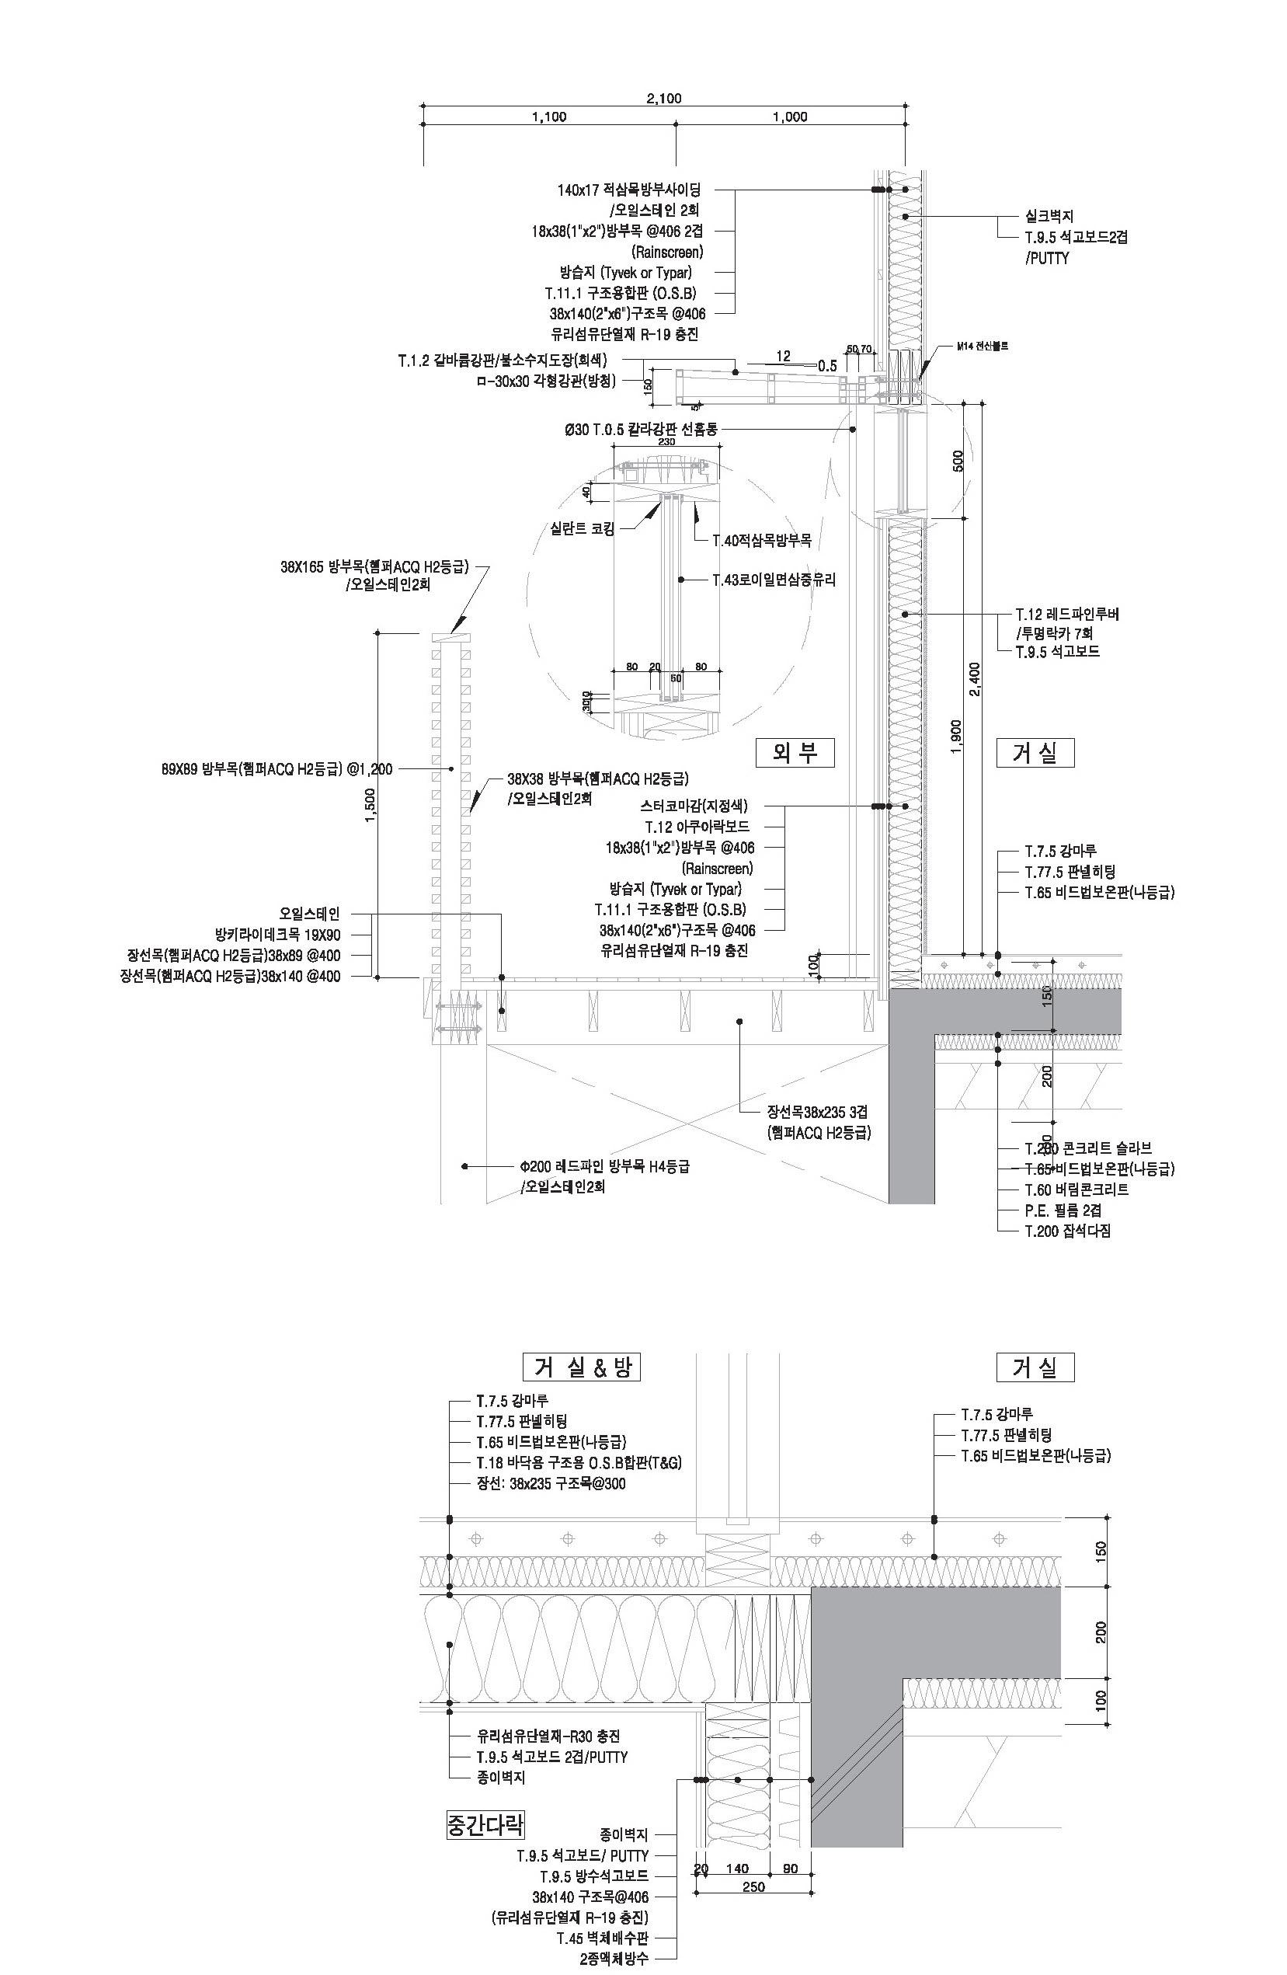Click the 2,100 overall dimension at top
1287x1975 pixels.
(663, 99)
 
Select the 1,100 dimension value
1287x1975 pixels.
(548, 117)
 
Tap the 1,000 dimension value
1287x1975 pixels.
(789, 117)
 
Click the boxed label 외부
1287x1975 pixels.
(794, 753)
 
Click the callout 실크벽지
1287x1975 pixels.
(1049, 217)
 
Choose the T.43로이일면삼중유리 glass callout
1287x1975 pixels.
(774, 580)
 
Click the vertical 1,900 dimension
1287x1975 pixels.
(955, 737)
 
